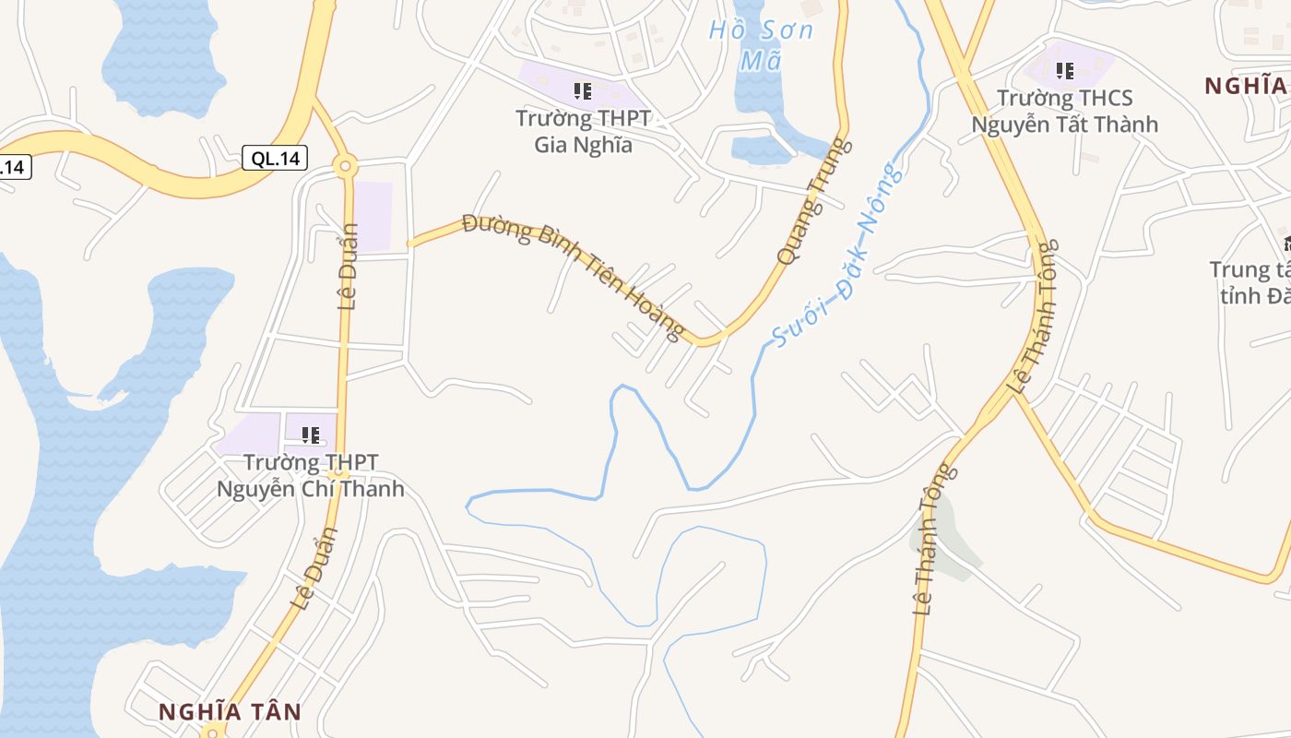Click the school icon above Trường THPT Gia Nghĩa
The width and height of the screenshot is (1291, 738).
click(x=582, y=90)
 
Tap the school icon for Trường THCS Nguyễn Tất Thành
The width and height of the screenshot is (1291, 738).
click(x=1065, y=70)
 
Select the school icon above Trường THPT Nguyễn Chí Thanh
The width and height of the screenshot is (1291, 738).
click(x=311, y=434)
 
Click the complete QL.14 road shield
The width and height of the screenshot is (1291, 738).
click(x=275, y=158)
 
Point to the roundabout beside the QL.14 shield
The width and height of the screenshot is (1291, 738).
click(x=346, y=166)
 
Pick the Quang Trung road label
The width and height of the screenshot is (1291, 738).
click(x=812, y=203)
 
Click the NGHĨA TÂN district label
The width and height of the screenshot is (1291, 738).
click(x=230, y=711)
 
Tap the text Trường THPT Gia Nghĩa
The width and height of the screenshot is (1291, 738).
click(x=583, y=131)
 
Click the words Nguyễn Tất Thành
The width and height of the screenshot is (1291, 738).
click(x=1064, y=124)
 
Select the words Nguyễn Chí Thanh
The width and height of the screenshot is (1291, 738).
click(x=311, y=488)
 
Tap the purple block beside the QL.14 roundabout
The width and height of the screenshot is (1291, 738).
click(x=373, y=216)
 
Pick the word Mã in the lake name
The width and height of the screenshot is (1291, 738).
click(x=761, y=61)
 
